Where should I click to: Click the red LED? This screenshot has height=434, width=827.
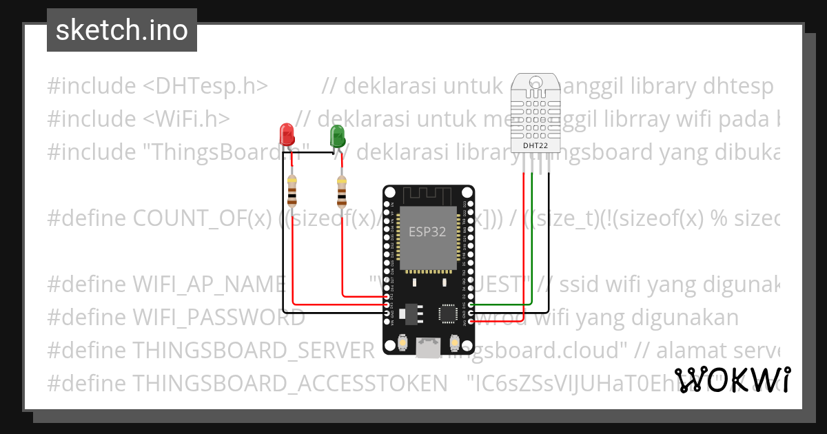tap(285, 134)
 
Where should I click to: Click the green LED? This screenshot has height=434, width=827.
tap(337, 135)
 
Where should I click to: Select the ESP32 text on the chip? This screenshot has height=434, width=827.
tap(427, 231)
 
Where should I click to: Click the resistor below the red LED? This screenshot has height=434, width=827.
tap(293, 191)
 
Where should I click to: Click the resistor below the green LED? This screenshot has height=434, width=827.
tap(342, 192)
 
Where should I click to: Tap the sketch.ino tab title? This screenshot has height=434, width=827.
tap(122, 30)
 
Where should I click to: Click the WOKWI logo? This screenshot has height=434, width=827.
tap(732, 380)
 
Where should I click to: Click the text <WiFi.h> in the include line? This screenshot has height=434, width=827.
tap(187, 118)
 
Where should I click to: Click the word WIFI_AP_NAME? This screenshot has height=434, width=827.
tap(209, 285)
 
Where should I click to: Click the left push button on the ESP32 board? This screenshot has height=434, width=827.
tap(403, 342)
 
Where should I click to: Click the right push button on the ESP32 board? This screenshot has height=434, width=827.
tap(453, 342)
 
